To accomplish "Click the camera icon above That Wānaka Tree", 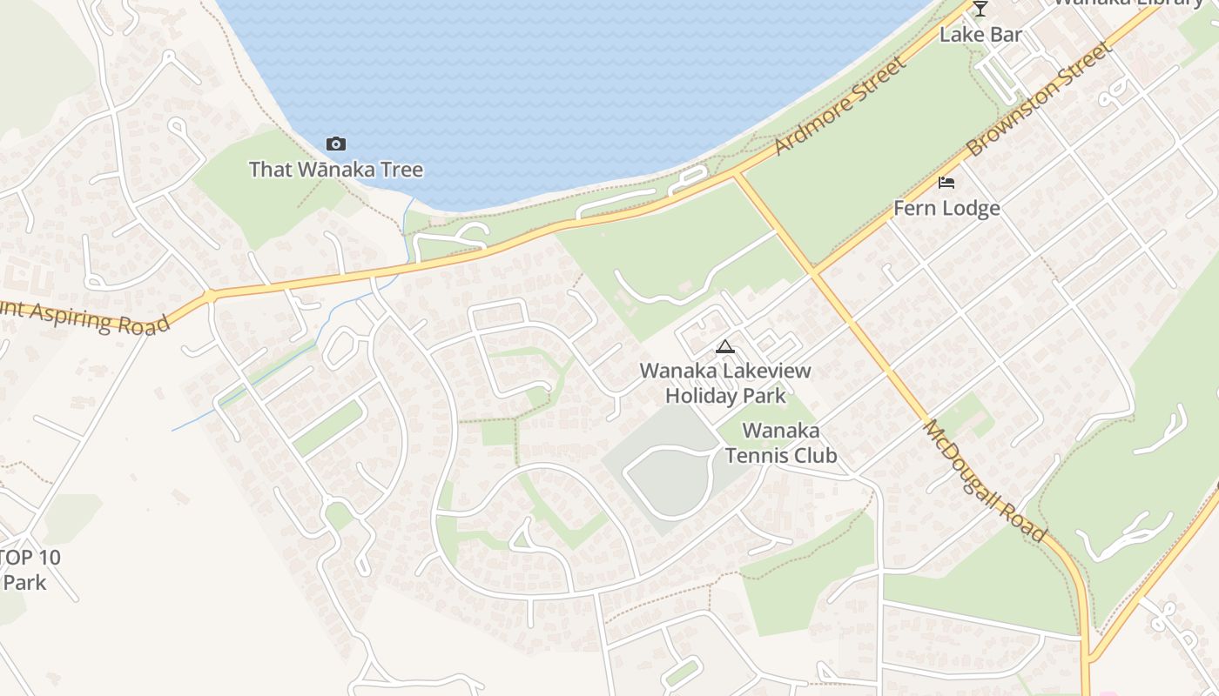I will (335, 144).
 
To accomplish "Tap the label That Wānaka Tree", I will (336, 170).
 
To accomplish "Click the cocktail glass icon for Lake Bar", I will (980, 9).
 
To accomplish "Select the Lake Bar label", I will (980, 35).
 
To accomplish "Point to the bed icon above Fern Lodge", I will (946, 183).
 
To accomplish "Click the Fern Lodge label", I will (946, 209).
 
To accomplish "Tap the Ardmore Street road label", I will (840, 106).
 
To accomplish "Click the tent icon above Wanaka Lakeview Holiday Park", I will (724, 347).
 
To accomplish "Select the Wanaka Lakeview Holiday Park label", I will (725, 383).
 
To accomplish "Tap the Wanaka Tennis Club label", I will (781, 443).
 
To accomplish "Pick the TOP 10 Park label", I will (30, 570).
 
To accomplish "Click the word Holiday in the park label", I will (703, 395).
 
